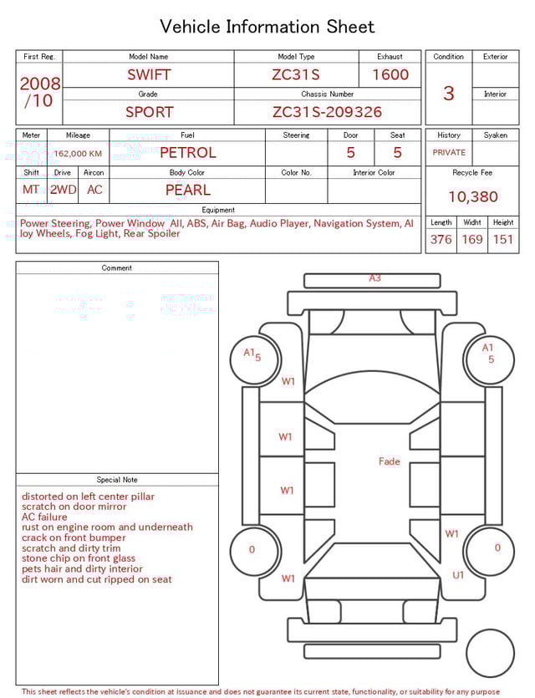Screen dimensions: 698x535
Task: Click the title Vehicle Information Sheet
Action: (267, 27)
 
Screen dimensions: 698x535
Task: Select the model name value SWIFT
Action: (149, 74)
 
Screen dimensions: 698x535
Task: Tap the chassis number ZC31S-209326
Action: (327, 112)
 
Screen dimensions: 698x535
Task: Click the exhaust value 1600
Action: (390, 74)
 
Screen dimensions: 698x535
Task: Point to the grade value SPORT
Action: (149, 112)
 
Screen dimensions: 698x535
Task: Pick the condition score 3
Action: (448, 93)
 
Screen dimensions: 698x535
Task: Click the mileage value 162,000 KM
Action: (78, 154)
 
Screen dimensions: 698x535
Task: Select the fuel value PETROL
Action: (187, 152)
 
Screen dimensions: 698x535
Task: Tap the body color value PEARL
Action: (187, 190)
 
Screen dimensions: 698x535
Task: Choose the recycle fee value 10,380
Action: (472, 196)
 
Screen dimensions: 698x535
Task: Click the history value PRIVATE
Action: (449, 153)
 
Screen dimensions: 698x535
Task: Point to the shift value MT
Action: (31, 190)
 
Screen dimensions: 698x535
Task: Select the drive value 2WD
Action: (63, 190)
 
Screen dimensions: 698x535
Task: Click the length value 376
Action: (441, 239)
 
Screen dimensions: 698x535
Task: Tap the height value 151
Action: (502, 239)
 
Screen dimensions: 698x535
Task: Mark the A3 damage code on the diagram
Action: (374, 278)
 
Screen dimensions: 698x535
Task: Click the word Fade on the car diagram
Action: (389, 461)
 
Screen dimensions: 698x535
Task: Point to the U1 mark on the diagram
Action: (458, 575)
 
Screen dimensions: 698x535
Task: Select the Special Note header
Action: (117, 480)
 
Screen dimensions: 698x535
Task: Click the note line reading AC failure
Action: (44, 517)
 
